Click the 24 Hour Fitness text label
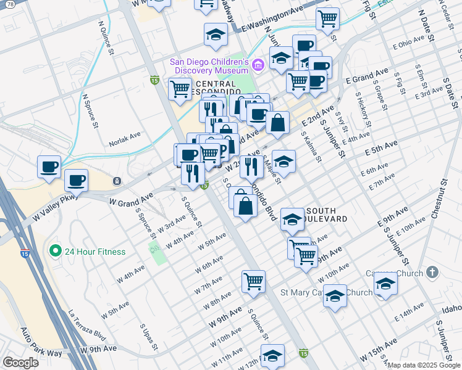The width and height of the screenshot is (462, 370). click(95, 252)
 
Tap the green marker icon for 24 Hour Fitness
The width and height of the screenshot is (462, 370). click(55, 252)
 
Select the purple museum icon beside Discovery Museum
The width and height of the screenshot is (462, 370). click(259, 63)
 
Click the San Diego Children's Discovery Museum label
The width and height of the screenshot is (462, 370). click(209, 66)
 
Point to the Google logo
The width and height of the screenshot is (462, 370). click(21, 363)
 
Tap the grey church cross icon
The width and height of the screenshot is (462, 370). click(432, 272)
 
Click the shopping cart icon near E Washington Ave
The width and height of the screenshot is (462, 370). click(327, 18)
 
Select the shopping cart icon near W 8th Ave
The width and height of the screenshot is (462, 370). click(253, 281)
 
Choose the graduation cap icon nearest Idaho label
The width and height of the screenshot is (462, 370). click(385, 284)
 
